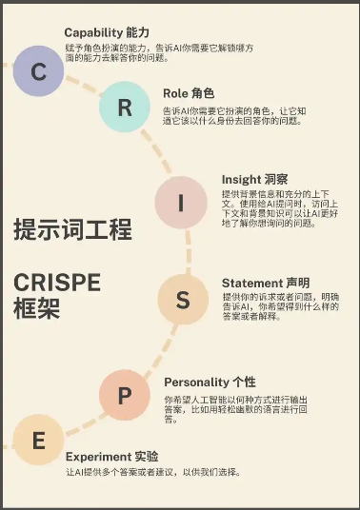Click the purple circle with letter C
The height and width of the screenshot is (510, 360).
tap(39, 71)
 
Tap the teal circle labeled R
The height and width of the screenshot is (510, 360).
tap(125, 107)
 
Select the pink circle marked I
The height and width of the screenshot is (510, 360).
tap(181, 203)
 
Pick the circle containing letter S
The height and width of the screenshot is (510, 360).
tap(183, 301)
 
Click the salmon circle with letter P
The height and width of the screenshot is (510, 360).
tap(125, 394)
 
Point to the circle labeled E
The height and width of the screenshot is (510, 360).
tap(38, 441)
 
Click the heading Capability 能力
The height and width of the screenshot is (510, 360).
tap(105, 32)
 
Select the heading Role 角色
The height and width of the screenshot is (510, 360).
tap(189, 94)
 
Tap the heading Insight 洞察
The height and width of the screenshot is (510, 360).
tap(254, 179)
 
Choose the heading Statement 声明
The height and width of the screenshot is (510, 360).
tap(265, 283)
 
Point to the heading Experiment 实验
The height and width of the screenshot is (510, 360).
tap(111, 456)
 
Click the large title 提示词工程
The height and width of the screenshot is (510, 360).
tap(72, 229)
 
